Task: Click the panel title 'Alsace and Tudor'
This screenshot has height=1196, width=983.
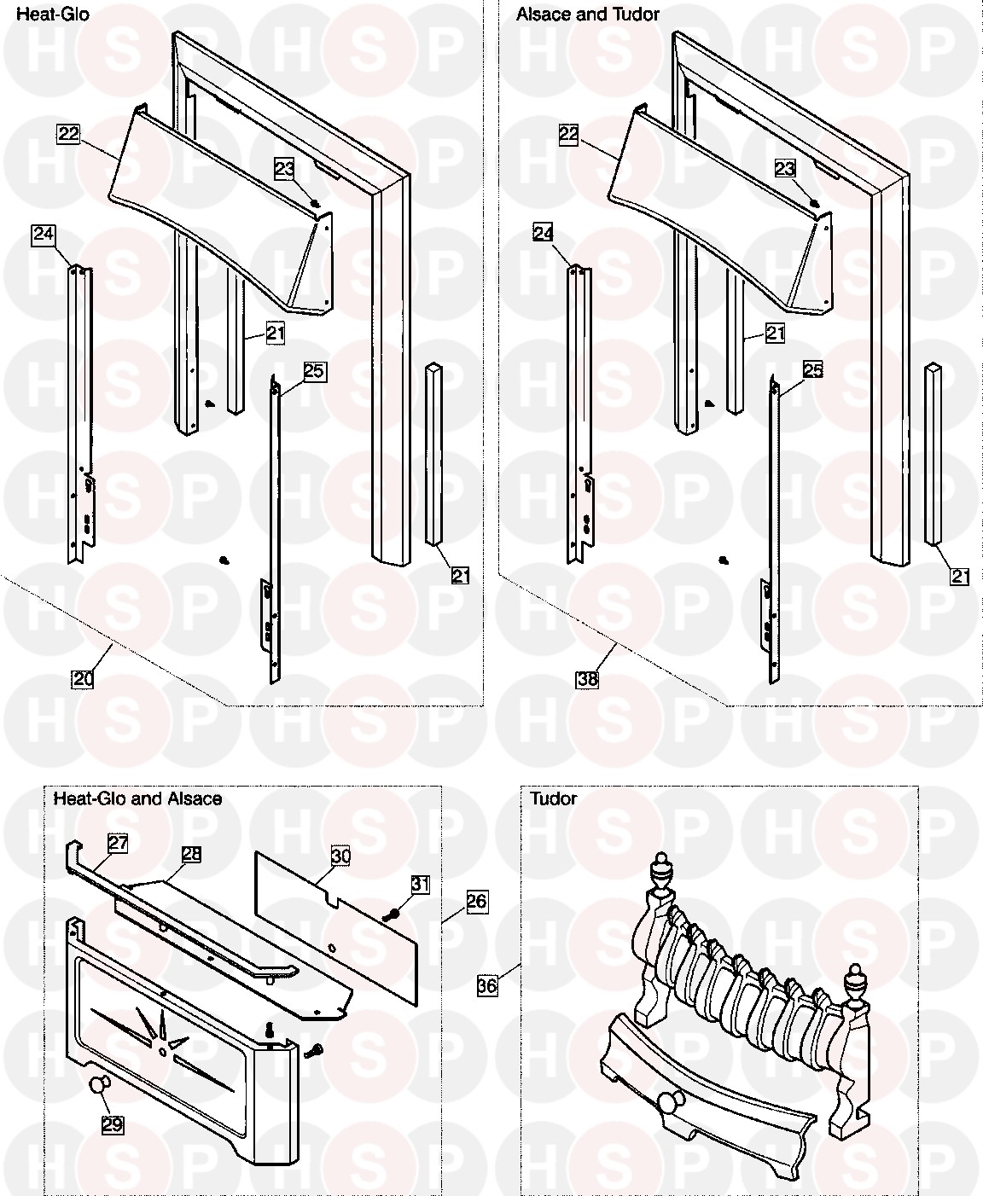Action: (x=587, y=15)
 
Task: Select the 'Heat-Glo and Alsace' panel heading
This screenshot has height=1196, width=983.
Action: (x=137, y=798)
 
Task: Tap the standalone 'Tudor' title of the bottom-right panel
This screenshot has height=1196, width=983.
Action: (x=553, y=798)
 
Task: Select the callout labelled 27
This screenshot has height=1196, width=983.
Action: (x=118, y=843)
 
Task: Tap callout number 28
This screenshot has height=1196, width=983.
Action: (x=191, y=854)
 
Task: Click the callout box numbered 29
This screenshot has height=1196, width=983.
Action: (x=113, y=1124)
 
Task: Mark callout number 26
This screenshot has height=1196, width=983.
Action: (x=477, y=900)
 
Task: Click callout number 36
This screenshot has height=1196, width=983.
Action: (x=487, y=985)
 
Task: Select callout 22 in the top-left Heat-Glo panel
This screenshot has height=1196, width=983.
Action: (x=68, y=133)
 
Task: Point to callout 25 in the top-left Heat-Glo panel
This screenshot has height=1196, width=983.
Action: (x=314, y=370)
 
